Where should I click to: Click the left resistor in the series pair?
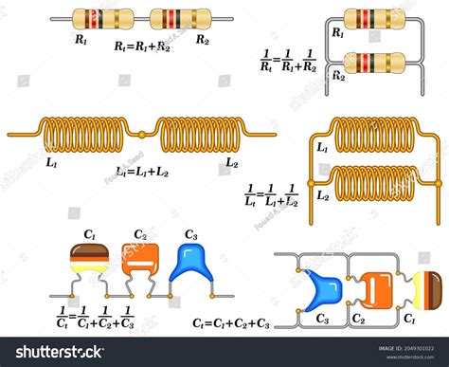pyautogui.click(x=102, y=18)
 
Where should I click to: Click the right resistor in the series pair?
pyautogui.click(x=179, y=18)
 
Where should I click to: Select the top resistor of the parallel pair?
pyautogui.click(x=374, y=18)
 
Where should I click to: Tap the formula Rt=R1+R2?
pyautogui.click(x=141, y=45)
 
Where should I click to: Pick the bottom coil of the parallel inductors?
pyautogui.click(x=375, y=179)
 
